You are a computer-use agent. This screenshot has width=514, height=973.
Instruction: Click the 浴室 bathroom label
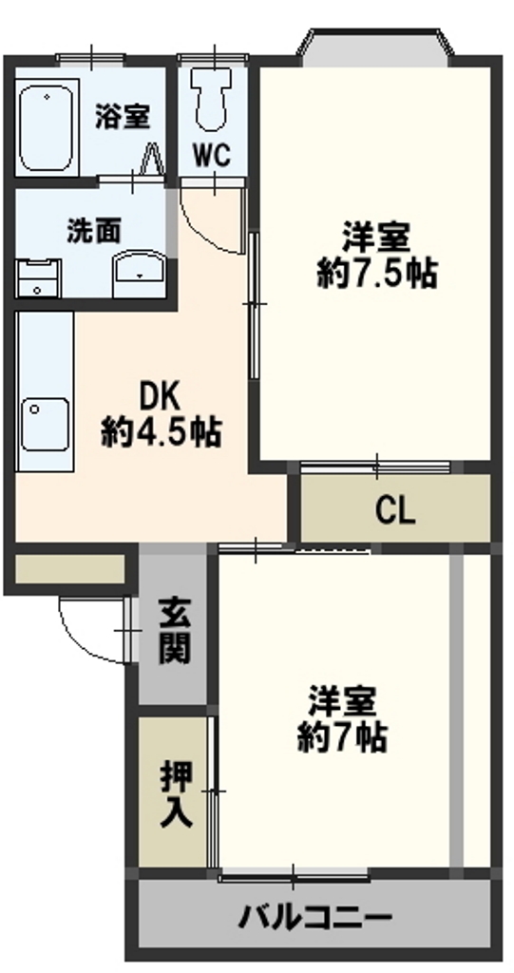[x=123, y=117]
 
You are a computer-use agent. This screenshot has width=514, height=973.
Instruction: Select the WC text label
[x=212, y=155]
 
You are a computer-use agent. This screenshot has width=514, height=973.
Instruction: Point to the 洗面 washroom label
[x=94, y=232]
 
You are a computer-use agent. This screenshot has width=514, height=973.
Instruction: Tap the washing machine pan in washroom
[x=39, y=278]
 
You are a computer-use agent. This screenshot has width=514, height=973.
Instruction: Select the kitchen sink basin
[x=44, y=425]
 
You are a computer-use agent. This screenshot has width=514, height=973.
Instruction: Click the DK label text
[x=160, y=396]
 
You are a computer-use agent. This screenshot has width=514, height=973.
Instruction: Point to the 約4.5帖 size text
[x=161, y=432]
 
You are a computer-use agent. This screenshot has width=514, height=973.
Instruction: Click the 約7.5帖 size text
[x=376, y=272]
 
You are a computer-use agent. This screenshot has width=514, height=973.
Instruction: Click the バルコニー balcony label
[x=315, y=917]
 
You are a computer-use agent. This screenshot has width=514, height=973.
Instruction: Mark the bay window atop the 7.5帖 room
[x=375, y=48]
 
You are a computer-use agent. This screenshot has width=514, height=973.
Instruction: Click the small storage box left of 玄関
[x=69, y=569]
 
